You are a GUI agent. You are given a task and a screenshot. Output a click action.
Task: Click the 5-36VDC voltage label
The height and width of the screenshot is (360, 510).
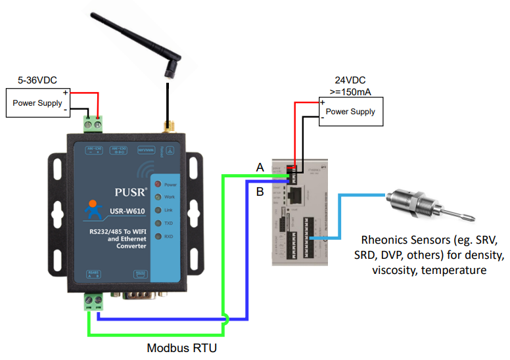click(37, 80)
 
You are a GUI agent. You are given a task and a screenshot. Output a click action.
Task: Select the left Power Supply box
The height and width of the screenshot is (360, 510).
click(37, 103)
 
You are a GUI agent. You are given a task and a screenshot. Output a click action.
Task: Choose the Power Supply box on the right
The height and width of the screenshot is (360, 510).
click(350, 111)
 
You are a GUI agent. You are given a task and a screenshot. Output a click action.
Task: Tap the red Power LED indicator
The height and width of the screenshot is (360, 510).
click(157, 185)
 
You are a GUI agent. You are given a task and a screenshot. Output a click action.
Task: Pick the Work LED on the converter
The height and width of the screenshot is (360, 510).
click(157, 198)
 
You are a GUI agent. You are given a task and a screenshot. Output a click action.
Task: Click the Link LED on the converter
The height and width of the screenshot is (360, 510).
click(157, 210)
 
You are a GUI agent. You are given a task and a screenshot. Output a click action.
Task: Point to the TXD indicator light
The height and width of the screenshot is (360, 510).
click(157, 223)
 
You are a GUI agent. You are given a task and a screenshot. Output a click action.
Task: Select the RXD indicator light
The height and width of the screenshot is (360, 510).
click(157, 236)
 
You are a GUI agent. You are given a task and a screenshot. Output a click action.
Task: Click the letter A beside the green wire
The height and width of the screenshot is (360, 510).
click(260, 168)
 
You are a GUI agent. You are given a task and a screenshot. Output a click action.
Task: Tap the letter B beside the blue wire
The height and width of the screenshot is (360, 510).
click(260, 192)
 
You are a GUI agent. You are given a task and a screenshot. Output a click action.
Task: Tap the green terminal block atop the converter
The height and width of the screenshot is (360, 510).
click(93, 123)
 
